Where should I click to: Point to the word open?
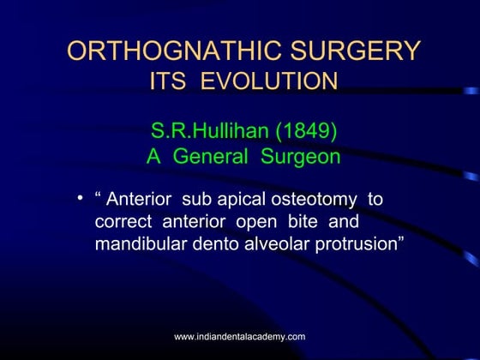[267, 221]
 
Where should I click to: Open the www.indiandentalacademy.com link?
[240, 337]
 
